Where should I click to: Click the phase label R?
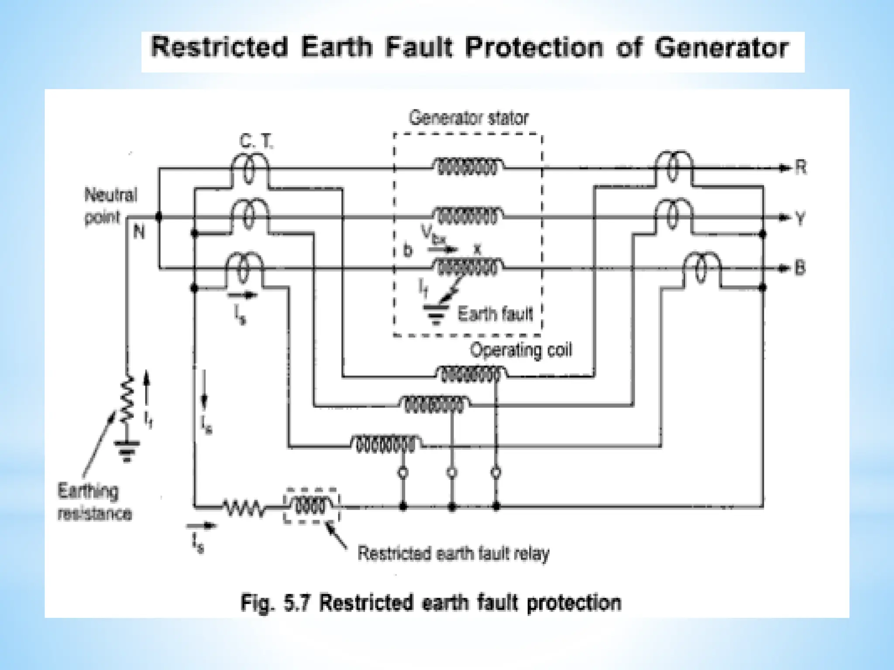[801, 167]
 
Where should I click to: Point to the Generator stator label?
[468, 118]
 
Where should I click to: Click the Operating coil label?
[520, 350]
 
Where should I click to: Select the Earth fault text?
[495, 314]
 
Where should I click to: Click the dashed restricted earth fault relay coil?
[311, 506]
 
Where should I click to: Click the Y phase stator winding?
[468, 216]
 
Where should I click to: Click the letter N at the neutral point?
[138, 232]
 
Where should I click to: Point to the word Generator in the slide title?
[721, 48]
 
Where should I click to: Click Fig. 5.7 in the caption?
[275, 603]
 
